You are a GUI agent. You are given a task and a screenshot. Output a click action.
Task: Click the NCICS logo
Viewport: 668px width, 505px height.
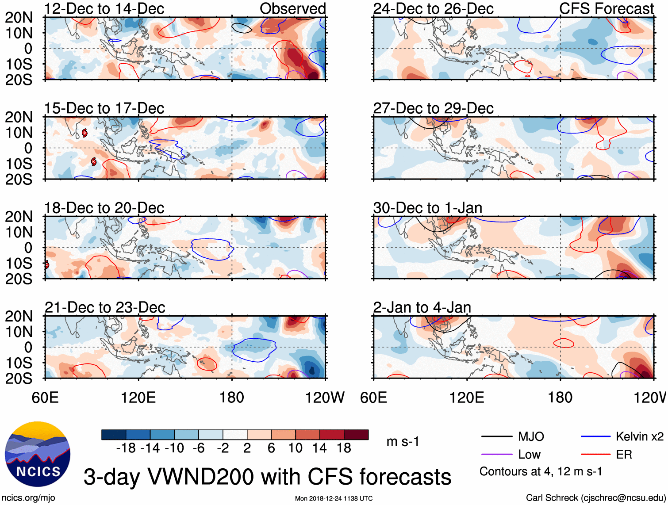coord(37,454)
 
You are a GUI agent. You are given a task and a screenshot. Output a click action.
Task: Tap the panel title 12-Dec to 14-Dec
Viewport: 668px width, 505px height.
coord(104,9)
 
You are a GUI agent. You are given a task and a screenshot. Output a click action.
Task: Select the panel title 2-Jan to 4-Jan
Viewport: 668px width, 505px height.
coord(422,307)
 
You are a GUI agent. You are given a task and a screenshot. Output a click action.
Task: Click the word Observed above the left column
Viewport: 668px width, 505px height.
coord(292,9)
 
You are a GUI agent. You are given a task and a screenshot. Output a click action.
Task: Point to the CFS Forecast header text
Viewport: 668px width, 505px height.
coord(606,9)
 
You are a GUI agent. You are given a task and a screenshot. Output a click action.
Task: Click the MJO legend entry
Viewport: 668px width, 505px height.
coord(531,437)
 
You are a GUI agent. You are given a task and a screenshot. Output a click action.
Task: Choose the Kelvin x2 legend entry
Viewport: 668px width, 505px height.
coord(639,437)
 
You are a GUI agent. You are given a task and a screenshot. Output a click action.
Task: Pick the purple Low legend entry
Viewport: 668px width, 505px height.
coord(529,455)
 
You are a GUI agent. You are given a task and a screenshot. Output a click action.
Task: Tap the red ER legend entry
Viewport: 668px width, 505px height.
coord(624,455)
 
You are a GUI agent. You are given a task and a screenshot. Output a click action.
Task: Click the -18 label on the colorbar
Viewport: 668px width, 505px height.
coord(126,448)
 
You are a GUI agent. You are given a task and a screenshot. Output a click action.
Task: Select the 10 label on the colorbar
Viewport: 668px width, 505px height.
coord(295,448)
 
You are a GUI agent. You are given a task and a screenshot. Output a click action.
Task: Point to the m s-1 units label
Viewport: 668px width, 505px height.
coord(403,442)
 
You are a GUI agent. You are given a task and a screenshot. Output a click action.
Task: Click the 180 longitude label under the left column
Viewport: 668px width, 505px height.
coord(231,398)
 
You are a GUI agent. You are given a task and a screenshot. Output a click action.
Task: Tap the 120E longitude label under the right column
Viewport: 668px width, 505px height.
coord(466,398)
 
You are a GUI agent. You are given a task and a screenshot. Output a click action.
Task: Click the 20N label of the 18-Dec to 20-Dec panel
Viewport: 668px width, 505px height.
coord(19,217)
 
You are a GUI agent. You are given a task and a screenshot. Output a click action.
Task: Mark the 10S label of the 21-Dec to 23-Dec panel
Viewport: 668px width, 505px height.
coord(19,363)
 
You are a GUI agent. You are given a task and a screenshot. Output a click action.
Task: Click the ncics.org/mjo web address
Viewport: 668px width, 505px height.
coord(28,498)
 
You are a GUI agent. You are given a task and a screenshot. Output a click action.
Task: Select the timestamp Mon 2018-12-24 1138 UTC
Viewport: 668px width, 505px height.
coord(334,498)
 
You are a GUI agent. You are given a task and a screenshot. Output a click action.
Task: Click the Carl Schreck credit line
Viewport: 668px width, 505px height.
coord(595,498)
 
